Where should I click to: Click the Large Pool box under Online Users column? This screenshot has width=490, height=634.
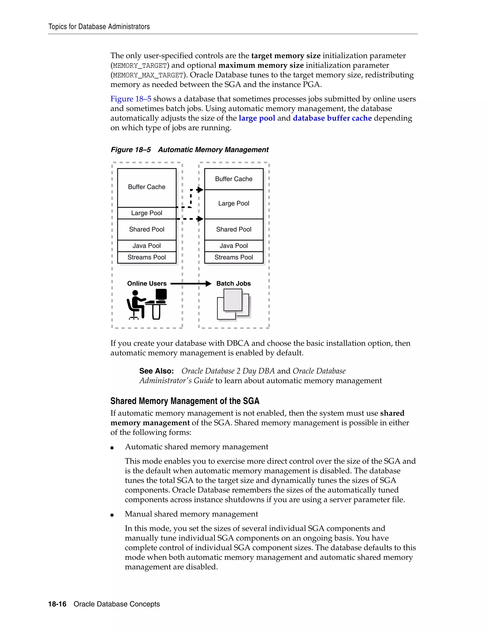click(147, 213)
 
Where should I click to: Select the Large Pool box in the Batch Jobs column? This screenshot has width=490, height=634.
click(234, 204)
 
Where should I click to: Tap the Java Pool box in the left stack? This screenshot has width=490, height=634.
click(147, 246)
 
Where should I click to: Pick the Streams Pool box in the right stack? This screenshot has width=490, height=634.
click(234, 257)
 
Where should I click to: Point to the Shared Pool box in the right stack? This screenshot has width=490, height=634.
click(234, 229)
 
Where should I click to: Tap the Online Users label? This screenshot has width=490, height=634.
click(147, 284)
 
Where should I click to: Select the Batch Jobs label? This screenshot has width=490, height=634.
click(233, 284)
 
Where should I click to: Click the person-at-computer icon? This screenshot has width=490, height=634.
click(147, 304)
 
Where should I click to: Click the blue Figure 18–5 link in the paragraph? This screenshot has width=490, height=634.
click(131, 99)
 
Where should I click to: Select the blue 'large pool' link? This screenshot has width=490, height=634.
click(257, 118)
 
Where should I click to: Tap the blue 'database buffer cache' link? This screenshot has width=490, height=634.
click(332, 118)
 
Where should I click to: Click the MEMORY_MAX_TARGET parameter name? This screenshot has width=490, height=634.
click(148, 75)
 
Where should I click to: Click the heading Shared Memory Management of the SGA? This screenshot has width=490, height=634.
click(185, 401)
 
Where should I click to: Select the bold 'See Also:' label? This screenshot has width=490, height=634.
click(156, 371)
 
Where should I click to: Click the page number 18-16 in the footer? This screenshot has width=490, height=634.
click(57, 604)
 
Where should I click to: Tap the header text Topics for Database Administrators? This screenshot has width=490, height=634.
click(99, 27)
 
